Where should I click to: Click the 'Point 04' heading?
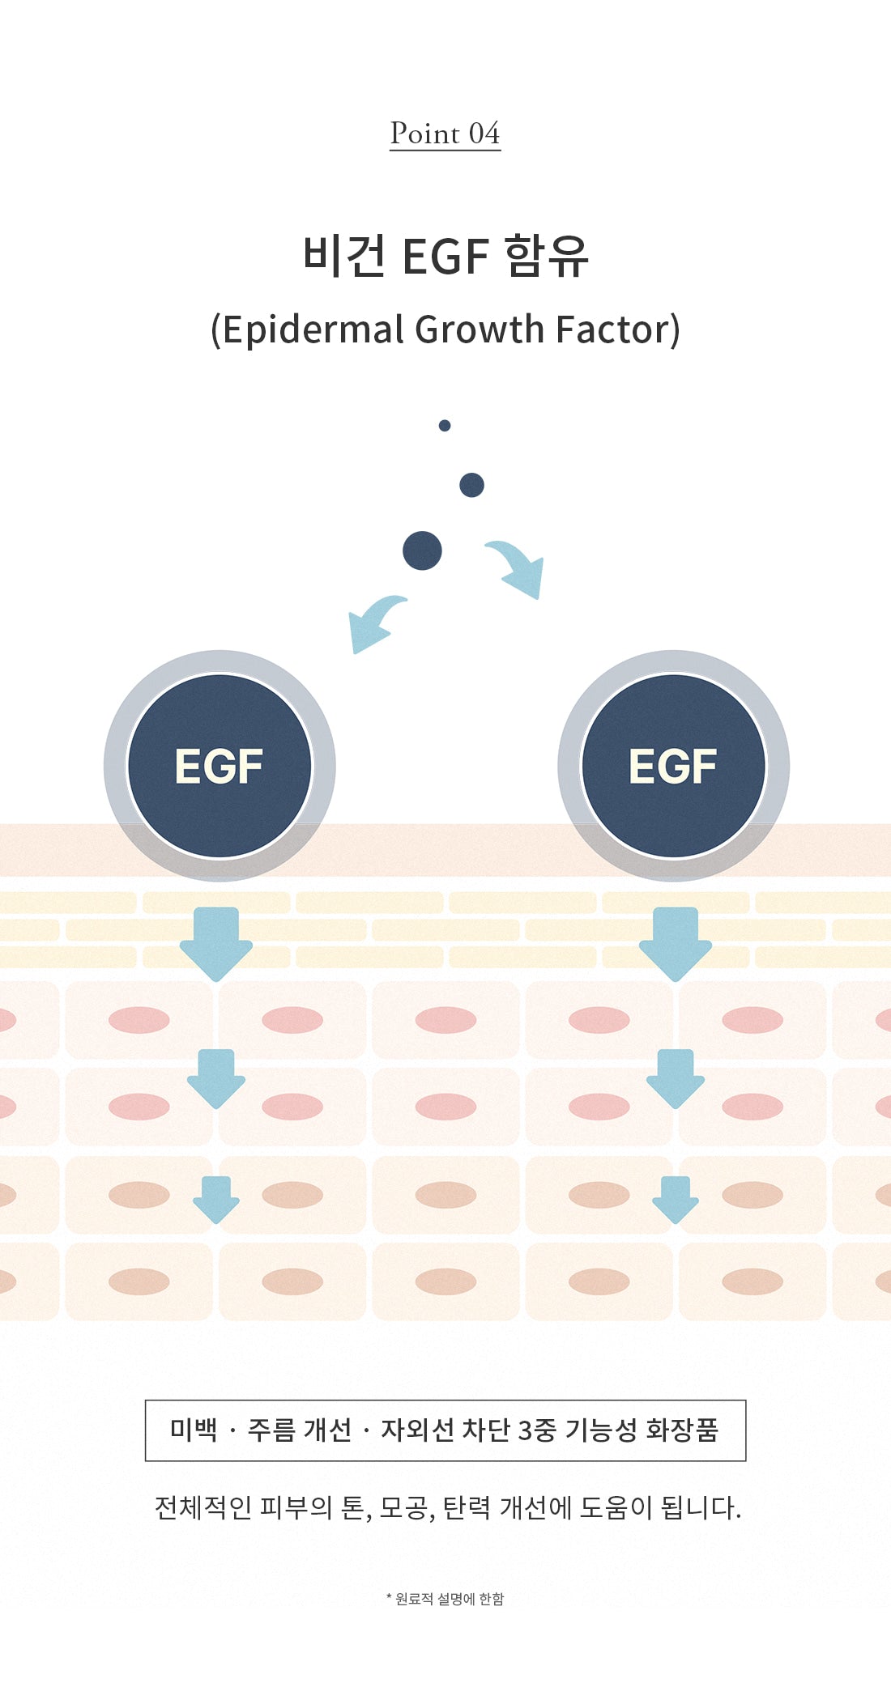tap(445, 134)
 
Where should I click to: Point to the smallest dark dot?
tap(445, 425)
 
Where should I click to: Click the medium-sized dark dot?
tap(471, 485)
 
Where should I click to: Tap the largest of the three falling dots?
tap(422, 551)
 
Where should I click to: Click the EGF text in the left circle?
tap(220, 766)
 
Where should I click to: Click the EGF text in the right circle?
tap(673, 766)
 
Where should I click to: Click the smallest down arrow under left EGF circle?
tap(216, 1199)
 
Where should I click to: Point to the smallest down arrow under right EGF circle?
tap(676, 1199)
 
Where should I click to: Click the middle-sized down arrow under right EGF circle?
tap(676, 1077)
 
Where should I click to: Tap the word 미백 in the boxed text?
tap(194, 1430)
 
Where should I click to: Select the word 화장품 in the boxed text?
tap(682, 1430)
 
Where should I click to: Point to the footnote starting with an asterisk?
tap(445, 1599)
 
